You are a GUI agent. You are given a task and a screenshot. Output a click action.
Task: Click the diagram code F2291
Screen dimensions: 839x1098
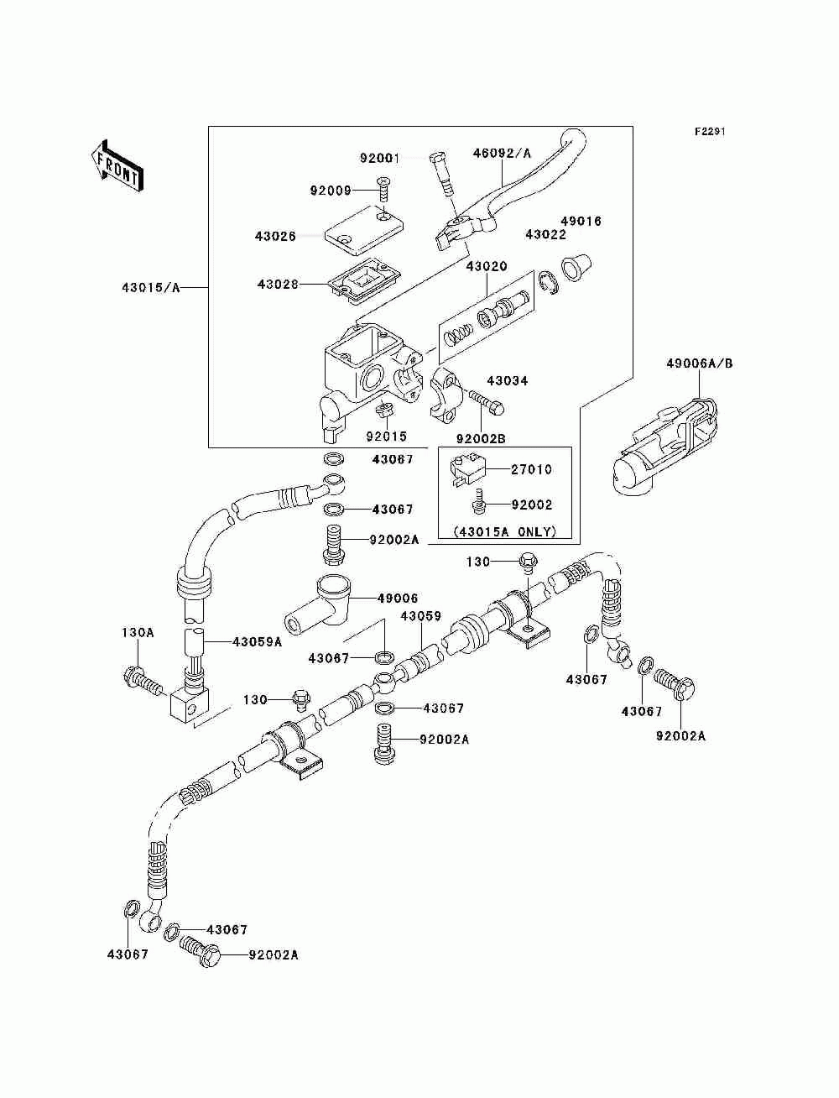(710, 132)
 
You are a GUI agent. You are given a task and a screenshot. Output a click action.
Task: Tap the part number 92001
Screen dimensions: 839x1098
(380, 159)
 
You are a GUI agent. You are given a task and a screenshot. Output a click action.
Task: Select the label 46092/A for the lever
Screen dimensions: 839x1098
(502, 154)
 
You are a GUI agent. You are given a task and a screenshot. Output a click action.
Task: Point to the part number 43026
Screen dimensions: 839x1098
(275, 236)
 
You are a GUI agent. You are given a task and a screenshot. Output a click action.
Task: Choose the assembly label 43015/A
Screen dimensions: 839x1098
(151, 288)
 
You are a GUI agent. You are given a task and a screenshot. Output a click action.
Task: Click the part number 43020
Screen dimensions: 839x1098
(487, 266)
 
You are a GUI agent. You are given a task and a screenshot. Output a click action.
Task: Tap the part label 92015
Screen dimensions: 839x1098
(387, 437)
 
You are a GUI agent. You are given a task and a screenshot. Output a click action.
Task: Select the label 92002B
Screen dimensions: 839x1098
(481, 439)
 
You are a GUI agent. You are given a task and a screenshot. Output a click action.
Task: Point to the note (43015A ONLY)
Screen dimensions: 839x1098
(505, 531)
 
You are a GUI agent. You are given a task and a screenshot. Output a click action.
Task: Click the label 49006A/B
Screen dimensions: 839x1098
(700, 363)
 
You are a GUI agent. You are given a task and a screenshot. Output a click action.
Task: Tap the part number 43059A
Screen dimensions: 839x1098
(257, 642)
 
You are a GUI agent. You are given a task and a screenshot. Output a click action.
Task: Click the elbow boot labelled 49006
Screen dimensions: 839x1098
(318, 606)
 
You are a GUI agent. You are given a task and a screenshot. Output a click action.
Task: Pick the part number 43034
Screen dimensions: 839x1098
(508, 380)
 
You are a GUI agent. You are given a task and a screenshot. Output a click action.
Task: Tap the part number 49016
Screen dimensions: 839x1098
(581, 221)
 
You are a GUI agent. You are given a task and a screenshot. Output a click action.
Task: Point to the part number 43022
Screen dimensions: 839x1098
(546, 234)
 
